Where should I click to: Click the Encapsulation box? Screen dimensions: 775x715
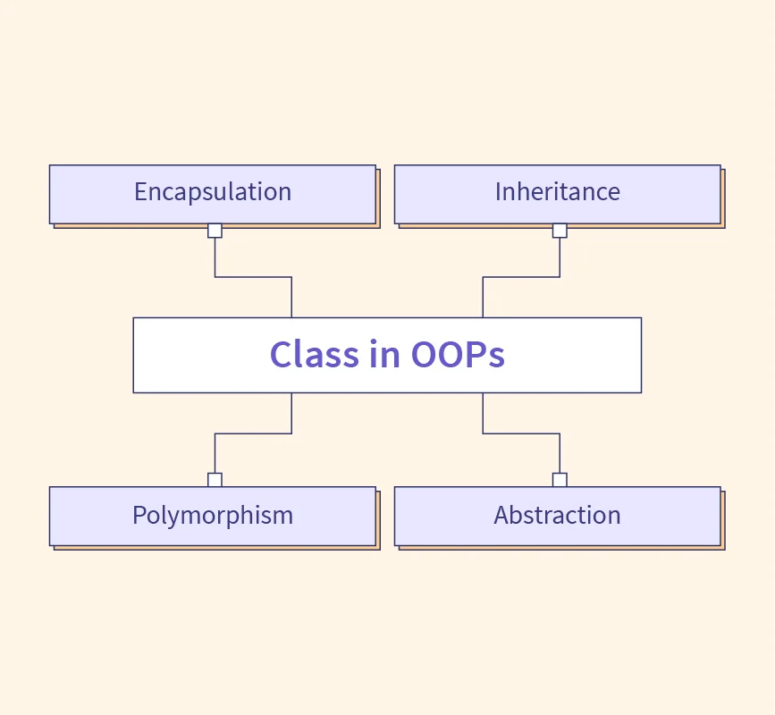[213, 194]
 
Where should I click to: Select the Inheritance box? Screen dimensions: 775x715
[558, 194]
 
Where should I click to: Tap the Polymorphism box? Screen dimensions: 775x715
[213, 517]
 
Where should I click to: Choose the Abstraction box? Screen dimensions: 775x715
[558, 517]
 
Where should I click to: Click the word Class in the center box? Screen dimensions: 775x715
[315, 354]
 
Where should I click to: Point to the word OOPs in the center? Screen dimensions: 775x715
[458, 354]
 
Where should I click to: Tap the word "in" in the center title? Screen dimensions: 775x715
[384, 353]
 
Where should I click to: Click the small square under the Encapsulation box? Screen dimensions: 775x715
[215, 231]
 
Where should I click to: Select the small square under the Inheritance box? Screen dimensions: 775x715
[560, 231]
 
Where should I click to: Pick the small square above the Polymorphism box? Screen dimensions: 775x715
[215, 480]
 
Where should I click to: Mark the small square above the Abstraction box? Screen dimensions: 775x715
[560, 480]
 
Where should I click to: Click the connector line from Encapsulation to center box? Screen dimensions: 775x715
[253, 277]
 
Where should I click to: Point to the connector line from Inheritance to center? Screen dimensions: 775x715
[521, 277]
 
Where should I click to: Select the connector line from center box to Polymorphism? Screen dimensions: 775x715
[253, 433]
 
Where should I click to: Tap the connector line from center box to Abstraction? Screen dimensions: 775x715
[521, 433]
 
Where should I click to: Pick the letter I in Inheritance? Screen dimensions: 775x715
[498, 192]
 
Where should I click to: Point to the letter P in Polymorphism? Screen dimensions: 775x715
[139, 515]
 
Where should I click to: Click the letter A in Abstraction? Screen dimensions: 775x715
[502, 515]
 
